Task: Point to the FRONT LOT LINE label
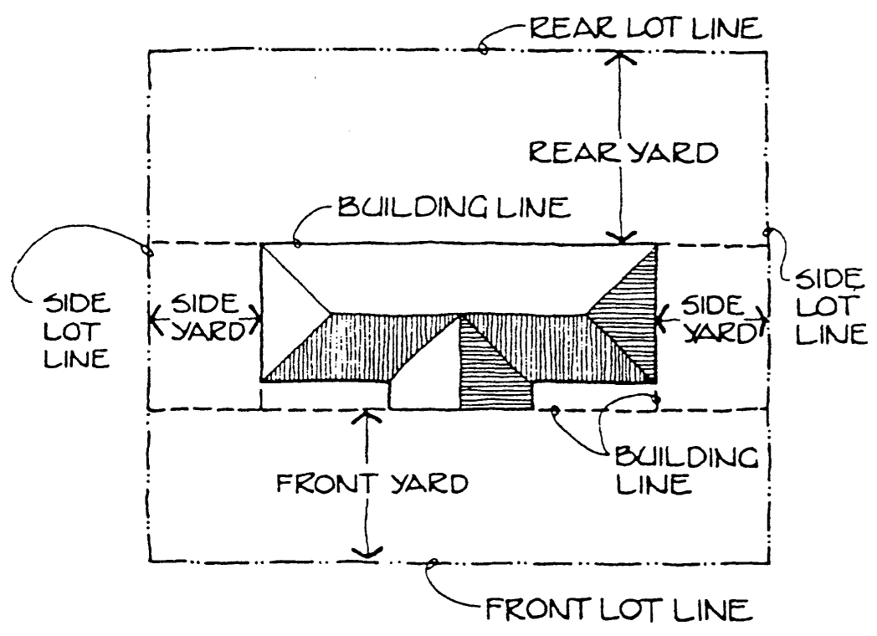click(614, 608)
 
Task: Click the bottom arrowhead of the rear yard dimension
click(620, 239)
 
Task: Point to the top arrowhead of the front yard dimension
click(363, 414)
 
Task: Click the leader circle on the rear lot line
click(484, 51)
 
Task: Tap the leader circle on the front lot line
click(432, 565)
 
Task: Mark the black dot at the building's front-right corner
click(652, 379)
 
